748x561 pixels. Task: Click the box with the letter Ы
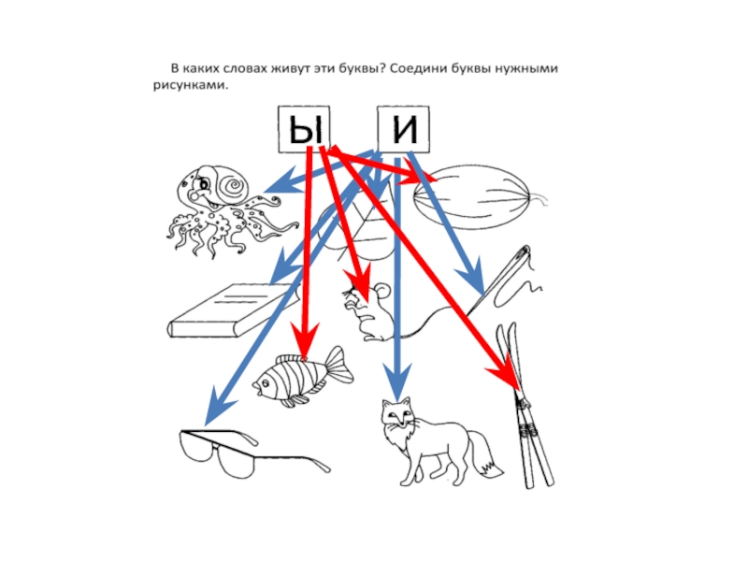[305, 129]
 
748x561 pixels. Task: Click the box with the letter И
[404, 129]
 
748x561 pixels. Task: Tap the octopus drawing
[225, 209]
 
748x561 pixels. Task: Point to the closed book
[234, 311]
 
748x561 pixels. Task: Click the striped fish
[302, 376]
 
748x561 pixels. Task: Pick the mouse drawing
[369, 311]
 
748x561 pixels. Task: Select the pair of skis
[525, 406]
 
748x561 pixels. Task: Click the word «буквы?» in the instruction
[353, 68]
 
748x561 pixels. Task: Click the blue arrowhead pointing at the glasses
[217, 406]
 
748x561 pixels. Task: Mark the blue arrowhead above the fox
[397, 381]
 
